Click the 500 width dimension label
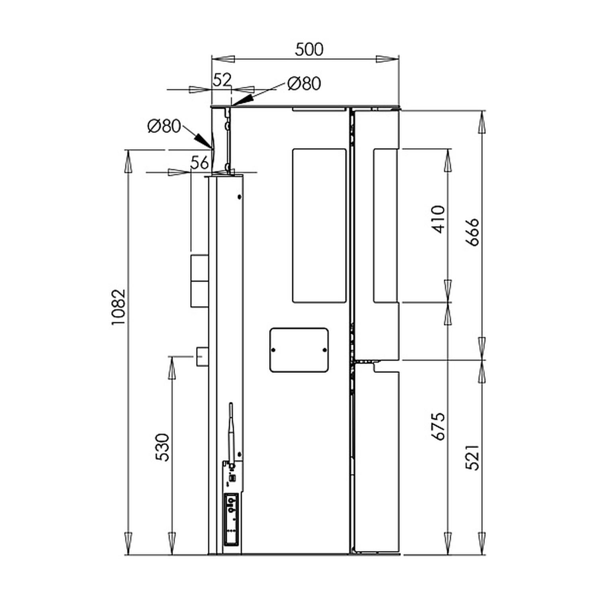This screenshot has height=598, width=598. (309, 49)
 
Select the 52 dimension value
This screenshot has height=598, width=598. (222, 80)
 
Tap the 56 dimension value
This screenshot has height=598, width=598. (199, 163)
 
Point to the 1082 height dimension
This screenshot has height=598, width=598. (118, 307)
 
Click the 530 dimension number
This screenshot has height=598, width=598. (162, 447)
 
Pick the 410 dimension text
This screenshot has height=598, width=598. (439, 219)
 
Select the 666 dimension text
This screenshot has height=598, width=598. (473, 232)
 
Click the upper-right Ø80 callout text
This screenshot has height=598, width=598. (304, 84)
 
